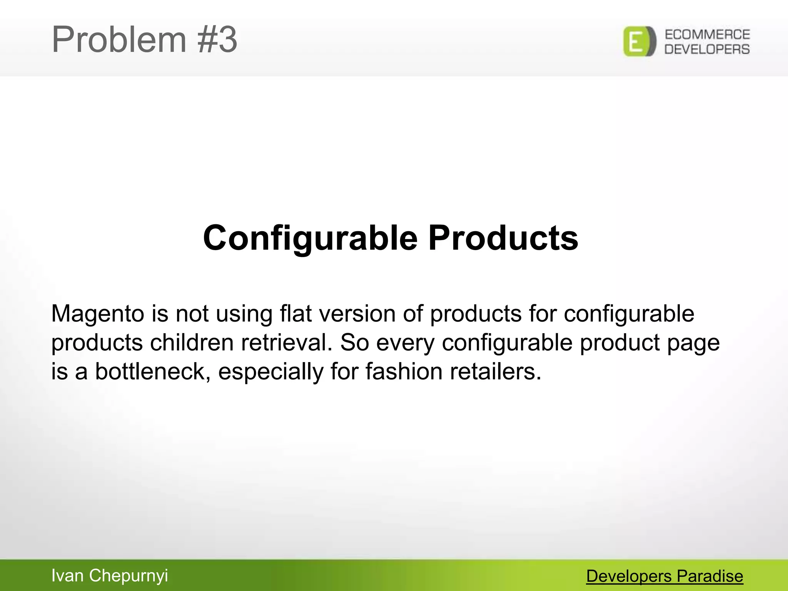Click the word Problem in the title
coord(119,40)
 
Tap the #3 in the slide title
coord(217,40)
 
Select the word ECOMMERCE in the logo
coord(707,35)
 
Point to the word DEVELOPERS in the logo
coord(707,49)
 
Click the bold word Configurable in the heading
coord(310,239)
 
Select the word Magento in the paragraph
coord(98,314)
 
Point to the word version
coord(357,313)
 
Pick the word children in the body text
coord(192,342)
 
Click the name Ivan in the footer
coord(67,576)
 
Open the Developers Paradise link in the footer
coord(664,576)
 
